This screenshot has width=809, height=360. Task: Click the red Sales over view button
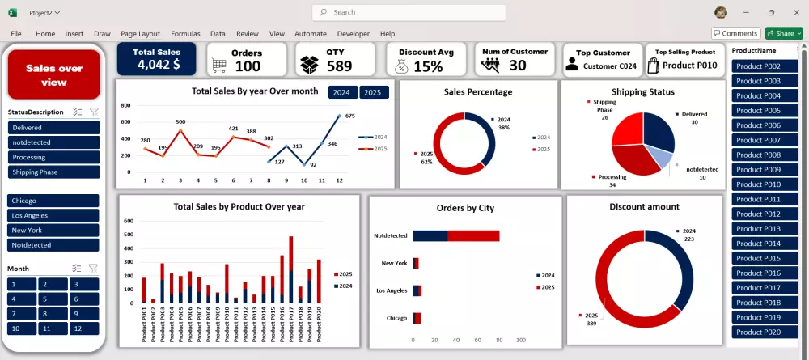[x=54, y=74]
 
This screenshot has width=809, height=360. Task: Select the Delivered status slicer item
[x=53, y=128]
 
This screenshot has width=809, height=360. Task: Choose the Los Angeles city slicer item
[x=53, y=215]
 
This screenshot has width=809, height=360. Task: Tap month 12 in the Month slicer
[x=84, y=328]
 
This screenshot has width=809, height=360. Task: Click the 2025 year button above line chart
[x=373, y=92]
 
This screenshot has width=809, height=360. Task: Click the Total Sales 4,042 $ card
[x=157, y=59]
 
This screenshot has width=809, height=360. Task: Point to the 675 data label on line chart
[x=349, y=116]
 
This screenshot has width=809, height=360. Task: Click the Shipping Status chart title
[x=642, y=92]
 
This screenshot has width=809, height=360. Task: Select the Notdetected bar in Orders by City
[x=455, y=235]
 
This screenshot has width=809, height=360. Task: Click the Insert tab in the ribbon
[x=74, y=34]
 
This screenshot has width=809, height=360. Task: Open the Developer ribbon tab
[x=353, y=34]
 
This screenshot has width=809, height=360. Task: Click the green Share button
[x=783, y=33]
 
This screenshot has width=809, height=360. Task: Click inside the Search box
[x=409, y=12]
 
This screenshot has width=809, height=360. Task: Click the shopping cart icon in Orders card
[x=218, y=66]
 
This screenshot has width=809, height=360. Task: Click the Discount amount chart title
[x=644, y=207]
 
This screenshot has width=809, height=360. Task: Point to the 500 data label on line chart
[x=180, y=122]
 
